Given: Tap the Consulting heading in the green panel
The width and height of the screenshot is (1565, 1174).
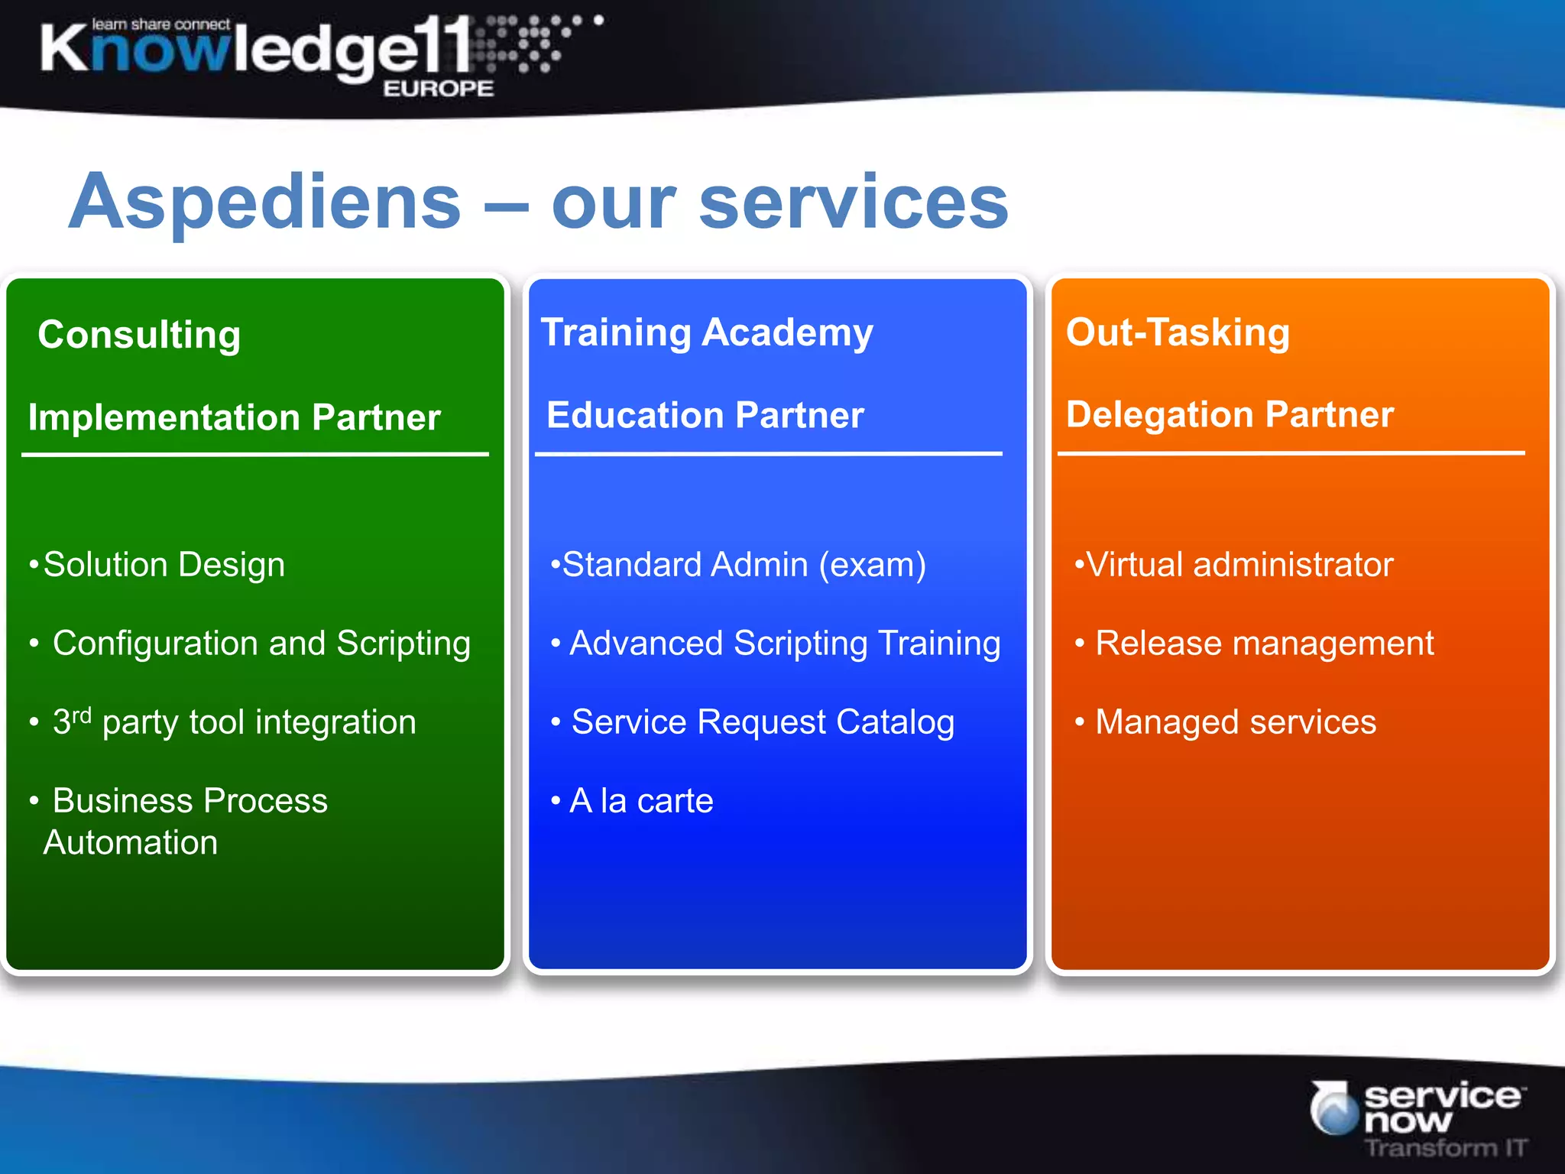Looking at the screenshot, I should (139, 336).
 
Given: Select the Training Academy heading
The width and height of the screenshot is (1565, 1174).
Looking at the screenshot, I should (707, 333).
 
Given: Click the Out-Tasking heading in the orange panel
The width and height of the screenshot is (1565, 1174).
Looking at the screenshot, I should (1178, 333).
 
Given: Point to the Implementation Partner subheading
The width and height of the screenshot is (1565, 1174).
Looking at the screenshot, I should (235, 418).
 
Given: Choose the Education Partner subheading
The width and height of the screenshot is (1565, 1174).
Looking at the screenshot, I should (705, 416).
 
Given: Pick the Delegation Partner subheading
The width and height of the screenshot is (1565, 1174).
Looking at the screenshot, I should (1230, 415).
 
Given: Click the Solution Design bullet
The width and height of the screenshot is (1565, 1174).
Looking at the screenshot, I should (164, 566).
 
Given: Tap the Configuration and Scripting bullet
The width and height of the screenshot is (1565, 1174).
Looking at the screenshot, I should (261, 644).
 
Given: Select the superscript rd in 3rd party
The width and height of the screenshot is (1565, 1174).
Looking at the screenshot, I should (82, 715).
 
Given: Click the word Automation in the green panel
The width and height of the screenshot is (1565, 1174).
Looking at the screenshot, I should (131, 843).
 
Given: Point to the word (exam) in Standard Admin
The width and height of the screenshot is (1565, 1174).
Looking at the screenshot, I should (873, 566).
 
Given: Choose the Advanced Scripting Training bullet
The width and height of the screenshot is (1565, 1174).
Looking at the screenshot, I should (785, 644).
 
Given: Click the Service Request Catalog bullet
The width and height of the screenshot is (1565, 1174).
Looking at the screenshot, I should (763, 722).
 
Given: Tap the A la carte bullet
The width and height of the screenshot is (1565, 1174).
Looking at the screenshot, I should (641, 801).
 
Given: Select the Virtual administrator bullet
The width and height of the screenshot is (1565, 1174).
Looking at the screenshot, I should (1239, 566).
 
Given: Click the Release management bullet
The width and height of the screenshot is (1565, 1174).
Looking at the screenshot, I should (1264, 644).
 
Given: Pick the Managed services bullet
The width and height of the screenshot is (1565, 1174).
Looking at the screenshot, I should (1236, 722).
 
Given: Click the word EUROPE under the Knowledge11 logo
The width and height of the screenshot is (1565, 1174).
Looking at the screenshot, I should (439, 89).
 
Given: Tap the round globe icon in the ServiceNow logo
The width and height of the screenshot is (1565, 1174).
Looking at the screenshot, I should (1334, 1108).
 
